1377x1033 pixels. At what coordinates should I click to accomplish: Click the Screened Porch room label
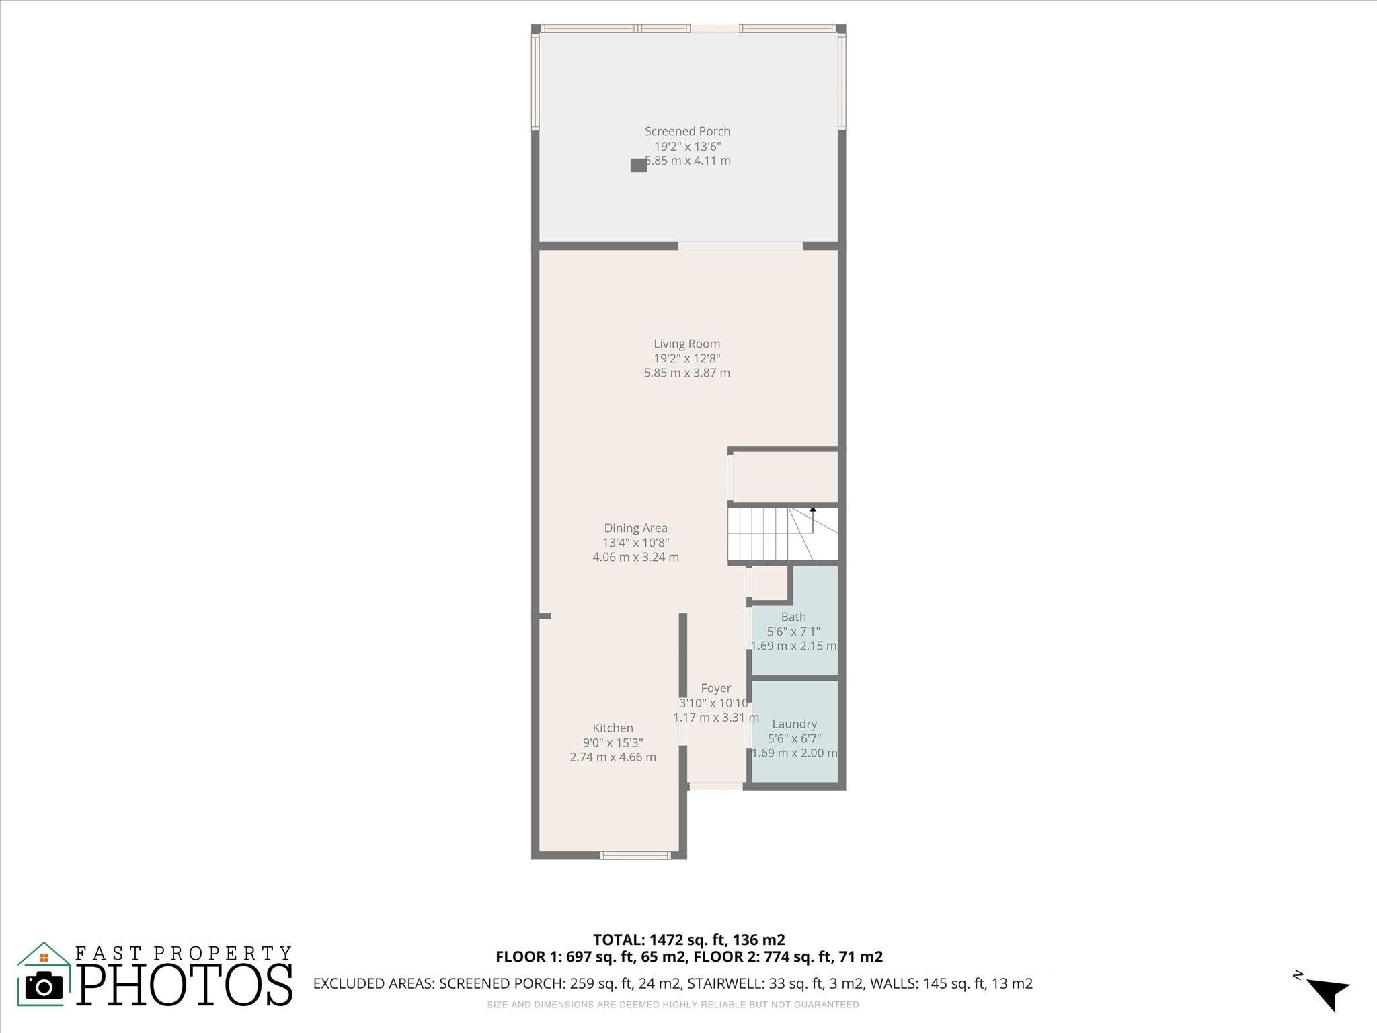[687, 131]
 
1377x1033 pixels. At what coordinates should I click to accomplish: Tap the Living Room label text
[686, 344]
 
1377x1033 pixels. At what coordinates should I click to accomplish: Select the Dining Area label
[635, 528]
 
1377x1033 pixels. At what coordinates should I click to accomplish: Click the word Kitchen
[613, 728]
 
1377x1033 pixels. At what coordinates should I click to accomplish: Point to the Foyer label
[715, 688]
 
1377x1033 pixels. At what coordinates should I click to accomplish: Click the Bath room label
[793, 617]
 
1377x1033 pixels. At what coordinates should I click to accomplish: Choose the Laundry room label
[794, 724]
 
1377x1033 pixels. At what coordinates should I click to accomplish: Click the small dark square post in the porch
[638, 165]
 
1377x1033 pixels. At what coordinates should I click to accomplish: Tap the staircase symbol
[773, 535]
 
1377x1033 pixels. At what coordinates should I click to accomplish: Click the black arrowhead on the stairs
[813, 510]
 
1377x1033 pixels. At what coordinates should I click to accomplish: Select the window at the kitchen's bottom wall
[635, 855]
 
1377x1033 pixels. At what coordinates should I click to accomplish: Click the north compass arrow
[1327, 993]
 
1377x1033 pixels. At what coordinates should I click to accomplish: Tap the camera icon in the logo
[44, 986]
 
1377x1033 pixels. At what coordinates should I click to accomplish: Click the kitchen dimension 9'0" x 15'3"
[613, 742]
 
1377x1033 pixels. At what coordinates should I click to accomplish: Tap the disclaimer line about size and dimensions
[672, 1005]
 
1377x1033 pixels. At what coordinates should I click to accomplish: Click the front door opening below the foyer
[716, 786]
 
